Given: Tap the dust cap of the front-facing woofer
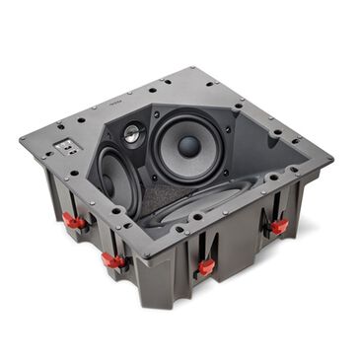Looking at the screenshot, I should click(x=189, y=146).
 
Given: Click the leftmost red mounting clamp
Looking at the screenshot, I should click(x=72, y=219).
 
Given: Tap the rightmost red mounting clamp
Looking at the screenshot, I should click(x=279, y=226).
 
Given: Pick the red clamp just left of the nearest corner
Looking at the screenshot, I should click(x=113, y=260).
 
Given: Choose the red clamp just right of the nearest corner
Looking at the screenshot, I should click(x=206, y=266).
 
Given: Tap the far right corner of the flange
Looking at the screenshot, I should click(x=330, y=158).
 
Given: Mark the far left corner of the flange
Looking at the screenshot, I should click(x=22, y=139).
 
